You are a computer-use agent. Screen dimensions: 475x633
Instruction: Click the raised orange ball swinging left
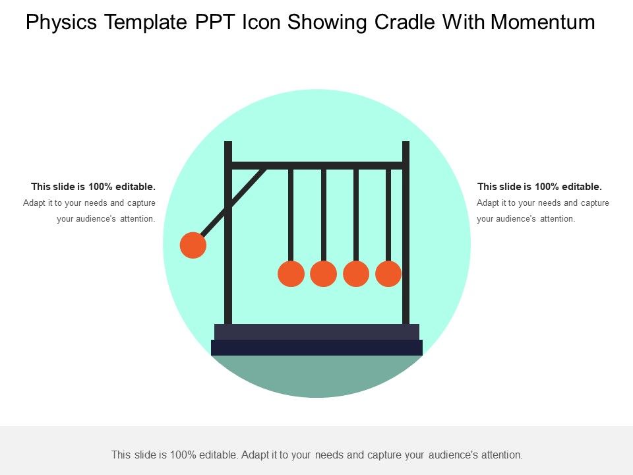pos(193,245)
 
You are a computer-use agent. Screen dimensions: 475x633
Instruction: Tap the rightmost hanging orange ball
pos(388,274)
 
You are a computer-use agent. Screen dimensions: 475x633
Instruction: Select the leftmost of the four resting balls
pos(291,274)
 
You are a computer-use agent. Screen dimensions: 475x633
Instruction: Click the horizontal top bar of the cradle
pos(316,165)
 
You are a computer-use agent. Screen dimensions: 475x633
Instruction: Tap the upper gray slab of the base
pos(316,331)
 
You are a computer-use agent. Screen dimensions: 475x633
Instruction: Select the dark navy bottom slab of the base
pos(316,348)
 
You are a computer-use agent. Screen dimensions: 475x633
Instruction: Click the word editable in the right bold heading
pos(582,187)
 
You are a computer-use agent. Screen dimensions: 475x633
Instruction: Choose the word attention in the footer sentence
pos(501,455)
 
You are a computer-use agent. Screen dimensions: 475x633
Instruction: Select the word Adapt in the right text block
pos(488,203)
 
